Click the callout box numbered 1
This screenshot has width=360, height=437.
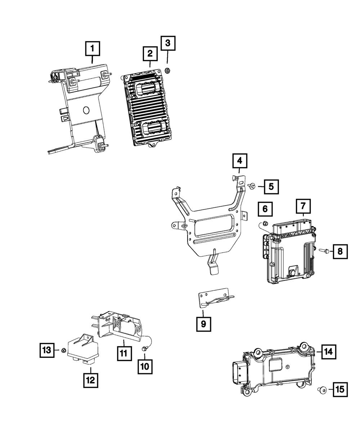coord(93,48)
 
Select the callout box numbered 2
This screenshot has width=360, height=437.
coord(149,54)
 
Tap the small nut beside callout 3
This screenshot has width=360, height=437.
coord(167,70)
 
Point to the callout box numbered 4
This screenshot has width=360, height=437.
coord(239,161)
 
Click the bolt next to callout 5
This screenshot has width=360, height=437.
coord(252,186)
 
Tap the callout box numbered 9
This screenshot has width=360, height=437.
coord(203,324)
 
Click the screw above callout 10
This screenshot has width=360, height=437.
coord(145,348)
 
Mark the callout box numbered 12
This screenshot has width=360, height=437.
coord(90,380)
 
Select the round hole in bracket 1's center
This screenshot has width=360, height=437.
coord(86,110)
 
